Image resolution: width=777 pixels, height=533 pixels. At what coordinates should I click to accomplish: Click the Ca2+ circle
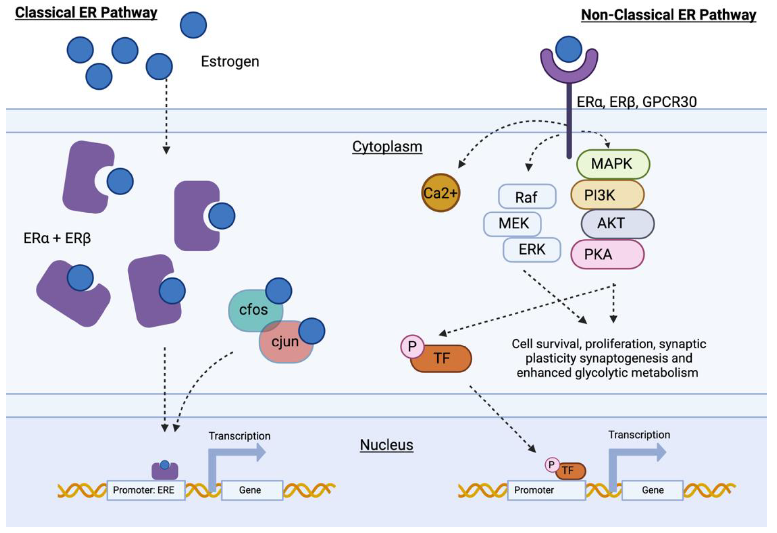point(440,193)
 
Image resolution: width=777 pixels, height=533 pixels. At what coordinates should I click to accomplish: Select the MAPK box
point(613,164)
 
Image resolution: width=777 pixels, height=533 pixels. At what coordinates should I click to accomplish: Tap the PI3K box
point(607,195)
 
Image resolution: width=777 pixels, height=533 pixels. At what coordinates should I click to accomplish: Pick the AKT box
point(617,223)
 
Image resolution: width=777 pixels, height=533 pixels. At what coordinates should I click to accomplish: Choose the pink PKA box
point(607,254)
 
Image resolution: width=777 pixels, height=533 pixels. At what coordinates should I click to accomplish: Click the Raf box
point(527,197)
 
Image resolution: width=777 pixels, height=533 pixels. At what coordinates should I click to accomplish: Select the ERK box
point(532,249)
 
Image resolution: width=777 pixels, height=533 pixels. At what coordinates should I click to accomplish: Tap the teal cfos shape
point(251,309)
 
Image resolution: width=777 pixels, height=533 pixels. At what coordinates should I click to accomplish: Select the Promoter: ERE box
point(146,490)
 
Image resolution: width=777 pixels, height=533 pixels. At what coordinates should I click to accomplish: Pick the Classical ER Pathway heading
point(86,13)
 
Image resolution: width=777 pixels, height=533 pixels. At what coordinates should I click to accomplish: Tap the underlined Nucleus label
point(386,445)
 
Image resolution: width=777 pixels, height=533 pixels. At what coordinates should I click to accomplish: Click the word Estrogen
point(230,61)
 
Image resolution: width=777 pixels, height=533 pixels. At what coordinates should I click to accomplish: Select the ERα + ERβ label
point(57,238)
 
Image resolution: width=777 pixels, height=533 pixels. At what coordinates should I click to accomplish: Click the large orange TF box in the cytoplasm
point(441,358)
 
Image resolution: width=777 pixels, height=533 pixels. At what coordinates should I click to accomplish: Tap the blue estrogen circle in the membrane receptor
point(568,49)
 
